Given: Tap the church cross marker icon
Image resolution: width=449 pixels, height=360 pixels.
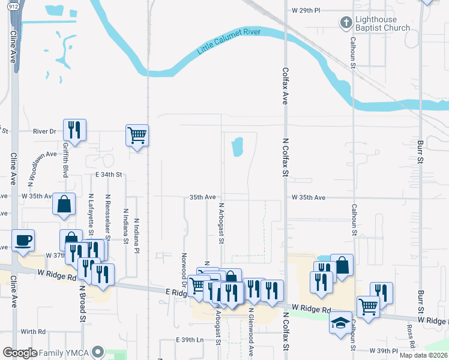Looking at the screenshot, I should pos(345,23).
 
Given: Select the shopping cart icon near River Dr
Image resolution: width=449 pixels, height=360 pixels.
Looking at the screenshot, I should pos(137,135).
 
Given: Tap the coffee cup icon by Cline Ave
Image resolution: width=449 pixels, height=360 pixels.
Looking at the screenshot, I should pos(23,241).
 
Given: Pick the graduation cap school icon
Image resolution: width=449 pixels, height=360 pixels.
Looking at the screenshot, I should pos(340,322).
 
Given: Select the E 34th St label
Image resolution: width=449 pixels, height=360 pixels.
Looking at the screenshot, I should pos(109,175).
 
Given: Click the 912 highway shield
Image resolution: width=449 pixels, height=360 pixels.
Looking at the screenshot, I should pos(13,7).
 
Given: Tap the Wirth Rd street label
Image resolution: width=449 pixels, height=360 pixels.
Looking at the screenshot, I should pos(34,331).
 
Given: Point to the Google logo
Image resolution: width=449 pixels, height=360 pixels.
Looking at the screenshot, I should pos(20,353).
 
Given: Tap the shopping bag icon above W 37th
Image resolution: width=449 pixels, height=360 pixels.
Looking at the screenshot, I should pos(64,204).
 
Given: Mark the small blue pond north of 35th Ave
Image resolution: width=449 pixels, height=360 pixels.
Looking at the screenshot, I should pos(237,146).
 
